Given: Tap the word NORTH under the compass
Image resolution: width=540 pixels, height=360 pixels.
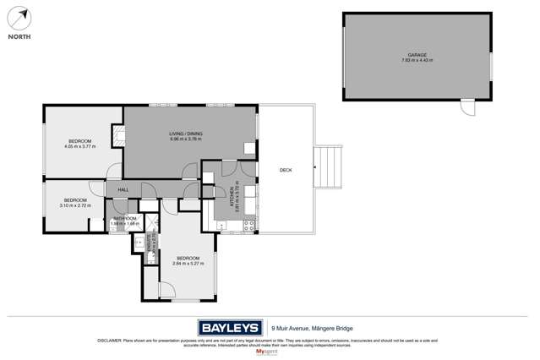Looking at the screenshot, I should (x=19, y=37).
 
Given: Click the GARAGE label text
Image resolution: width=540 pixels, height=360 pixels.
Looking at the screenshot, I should (x=418, y=56).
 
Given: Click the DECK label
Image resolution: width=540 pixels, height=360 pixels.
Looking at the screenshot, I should (x=286, y=170).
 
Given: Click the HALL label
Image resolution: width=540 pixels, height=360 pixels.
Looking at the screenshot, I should (x=123, y=189).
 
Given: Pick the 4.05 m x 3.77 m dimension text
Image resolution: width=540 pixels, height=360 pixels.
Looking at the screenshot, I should (x=79, y=146).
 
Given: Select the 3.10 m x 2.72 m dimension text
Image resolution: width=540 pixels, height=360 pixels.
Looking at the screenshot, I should (x=75, y=205).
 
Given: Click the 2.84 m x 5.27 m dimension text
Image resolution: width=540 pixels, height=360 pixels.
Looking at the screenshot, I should (x=188, y=263).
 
